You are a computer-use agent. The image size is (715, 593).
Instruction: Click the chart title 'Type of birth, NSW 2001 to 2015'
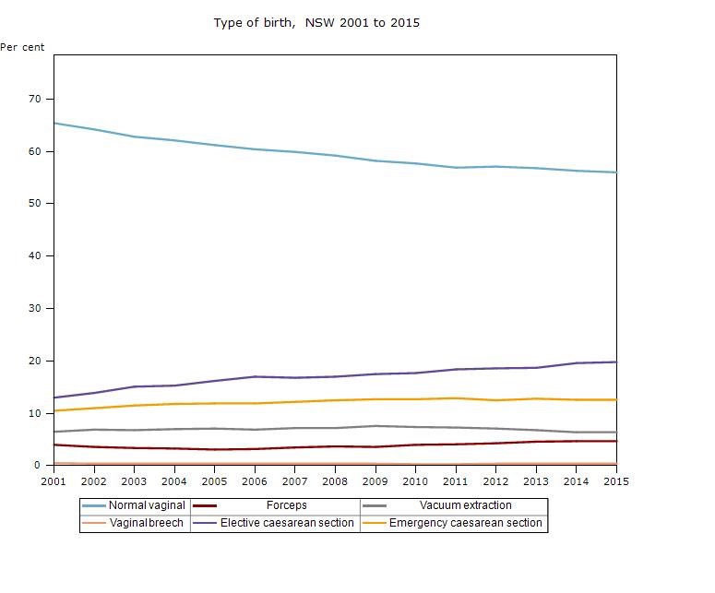coord(316,22)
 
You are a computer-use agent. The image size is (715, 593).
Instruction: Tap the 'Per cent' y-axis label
coord(22,47)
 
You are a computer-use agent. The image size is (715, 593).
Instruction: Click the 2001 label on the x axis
coord(54,480)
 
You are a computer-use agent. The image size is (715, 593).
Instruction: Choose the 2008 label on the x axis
coord(335,480)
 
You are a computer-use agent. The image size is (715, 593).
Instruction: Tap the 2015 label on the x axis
coord(615,480)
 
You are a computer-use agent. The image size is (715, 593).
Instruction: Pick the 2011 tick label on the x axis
coord(455,480)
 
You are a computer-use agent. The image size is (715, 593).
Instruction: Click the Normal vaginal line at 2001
coord(55,123)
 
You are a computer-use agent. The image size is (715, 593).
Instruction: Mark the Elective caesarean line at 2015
coord(614,362)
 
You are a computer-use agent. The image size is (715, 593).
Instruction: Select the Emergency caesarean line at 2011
coord(455,398)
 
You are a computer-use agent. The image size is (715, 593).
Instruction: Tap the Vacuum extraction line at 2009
coord(375,426)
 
